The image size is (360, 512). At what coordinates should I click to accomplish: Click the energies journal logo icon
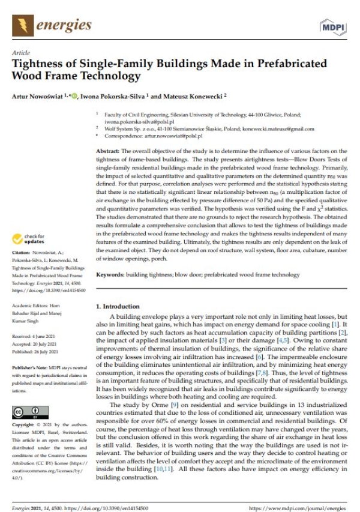(x=25, y=25)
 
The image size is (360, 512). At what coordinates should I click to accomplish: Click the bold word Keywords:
(x=114, y=275)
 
